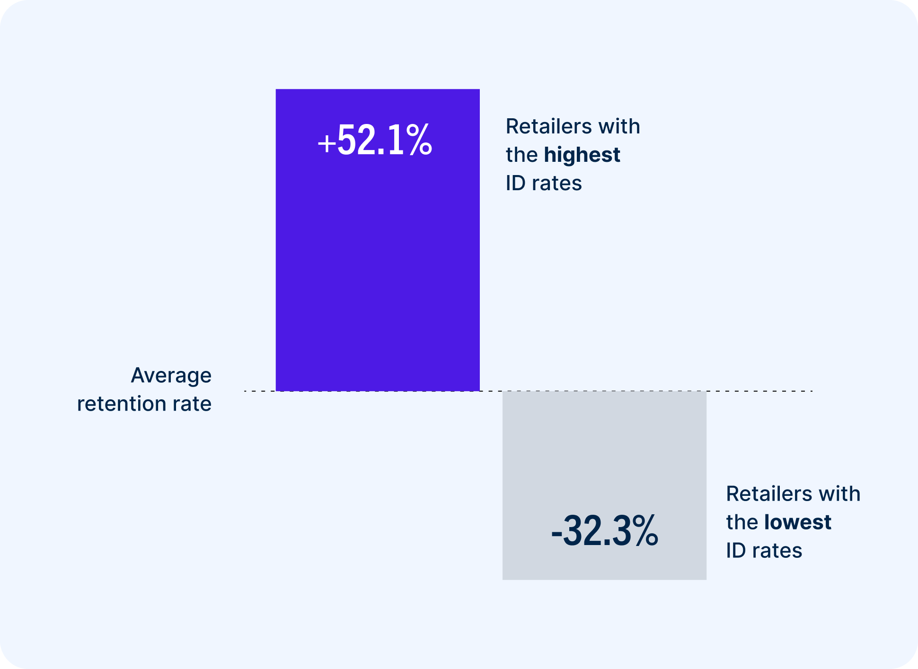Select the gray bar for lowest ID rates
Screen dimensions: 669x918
[x=604, y=454]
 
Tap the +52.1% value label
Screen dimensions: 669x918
[x=375, y=140]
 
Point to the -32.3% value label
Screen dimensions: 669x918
[x=604, y=531]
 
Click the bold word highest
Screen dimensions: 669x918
[x=582, y=155]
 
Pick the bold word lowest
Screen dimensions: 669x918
[x=797, y=522]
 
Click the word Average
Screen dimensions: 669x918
[x=171, y=376]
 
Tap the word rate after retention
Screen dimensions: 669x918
[x=192, y=404]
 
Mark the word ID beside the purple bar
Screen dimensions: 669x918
[x=515, y=184]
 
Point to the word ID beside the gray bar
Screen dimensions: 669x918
[x=736, y=551]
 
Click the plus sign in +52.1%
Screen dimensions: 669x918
[x=327, y=143]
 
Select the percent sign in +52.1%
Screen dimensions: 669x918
[x=419, y=140]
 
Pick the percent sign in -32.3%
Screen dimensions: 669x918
[x=644, y=531]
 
